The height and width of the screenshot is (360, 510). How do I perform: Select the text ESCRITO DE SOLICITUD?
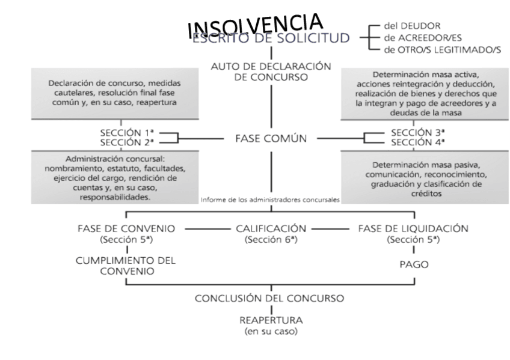click(270, 39)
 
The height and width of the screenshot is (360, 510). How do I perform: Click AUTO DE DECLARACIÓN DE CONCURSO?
click(271, 72)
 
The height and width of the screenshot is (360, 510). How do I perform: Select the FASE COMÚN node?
click(271, 138)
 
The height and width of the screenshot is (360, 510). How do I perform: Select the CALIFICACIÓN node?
click(271, 229)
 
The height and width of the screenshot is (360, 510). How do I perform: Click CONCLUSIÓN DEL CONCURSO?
click(271, 299)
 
